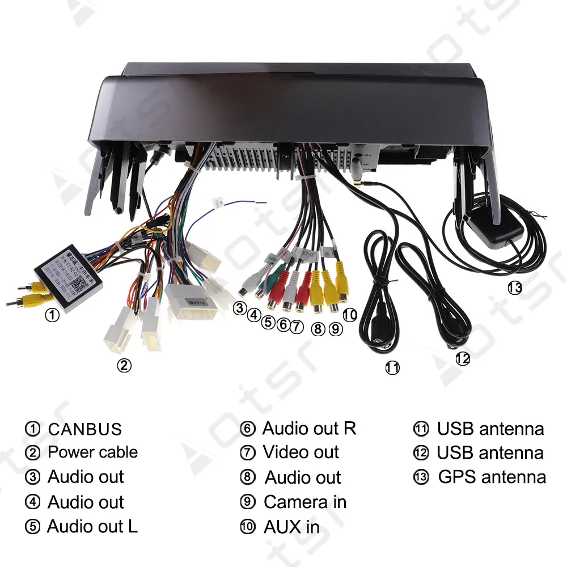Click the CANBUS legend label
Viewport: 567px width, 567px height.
pos(84,429)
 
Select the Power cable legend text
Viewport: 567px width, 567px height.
pos(92,452)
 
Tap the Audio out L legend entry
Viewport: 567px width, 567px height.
pos(92,527)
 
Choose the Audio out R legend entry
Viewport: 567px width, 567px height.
pos(309,429)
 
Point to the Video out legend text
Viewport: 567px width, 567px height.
pos(301,452)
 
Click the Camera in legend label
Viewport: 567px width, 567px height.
pos(305,502)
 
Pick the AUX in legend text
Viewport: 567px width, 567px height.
pos(291,527)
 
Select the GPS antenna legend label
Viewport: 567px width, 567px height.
pos(492,477)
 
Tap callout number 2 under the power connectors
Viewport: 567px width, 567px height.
pos(124,366)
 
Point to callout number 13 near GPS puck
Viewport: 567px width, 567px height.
pos(514,288)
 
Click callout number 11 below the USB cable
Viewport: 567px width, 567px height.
pos(392,368)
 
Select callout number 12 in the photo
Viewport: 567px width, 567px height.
pos(463,359)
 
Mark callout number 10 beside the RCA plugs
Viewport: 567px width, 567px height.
pos(350,315)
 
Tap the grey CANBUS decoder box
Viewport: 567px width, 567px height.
pos(67,281)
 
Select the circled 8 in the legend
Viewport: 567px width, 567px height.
pos(248,477)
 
